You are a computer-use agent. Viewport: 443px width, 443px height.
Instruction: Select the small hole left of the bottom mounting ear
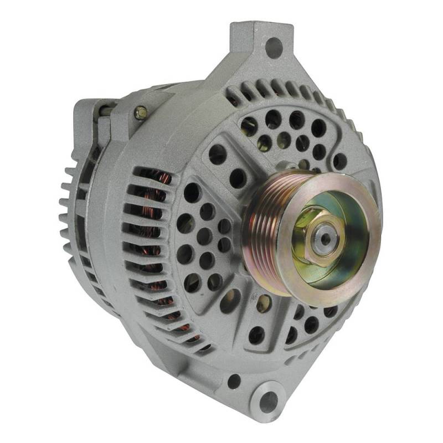point(234,381)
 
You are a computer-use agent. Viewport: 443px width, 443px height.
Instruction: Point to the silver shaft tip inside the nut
point(322,237)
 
